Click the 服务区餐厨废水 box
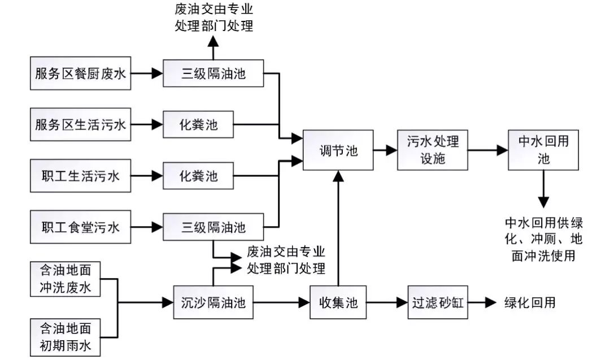tap(80, 73)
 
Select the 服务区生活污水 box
tap(80, 124)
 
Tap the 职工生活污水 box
tap(80, 176)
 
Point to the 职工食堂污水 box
tap(80, 228)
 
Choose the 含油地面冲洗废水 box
tap(66, 279)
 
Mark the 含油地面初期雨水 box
tap(66, 336)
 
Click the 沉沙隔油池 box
tap(213, 302)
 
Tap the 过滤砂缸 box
tap(437, 302)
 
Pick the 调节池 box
tap(338, 150)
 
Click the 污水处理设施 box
tap(433, 150)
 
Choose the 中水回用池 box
tap(543, 150)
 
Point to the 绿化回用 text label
tap(529, 302)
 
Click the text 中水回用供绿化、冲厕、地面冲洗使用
tap(543, 238)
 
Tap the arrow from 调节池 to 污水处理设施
tap(385, 150)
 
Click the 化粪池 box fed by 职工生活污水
tap(198, 176)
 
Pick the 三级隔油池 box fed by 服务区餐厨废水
tap(213, 73)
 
